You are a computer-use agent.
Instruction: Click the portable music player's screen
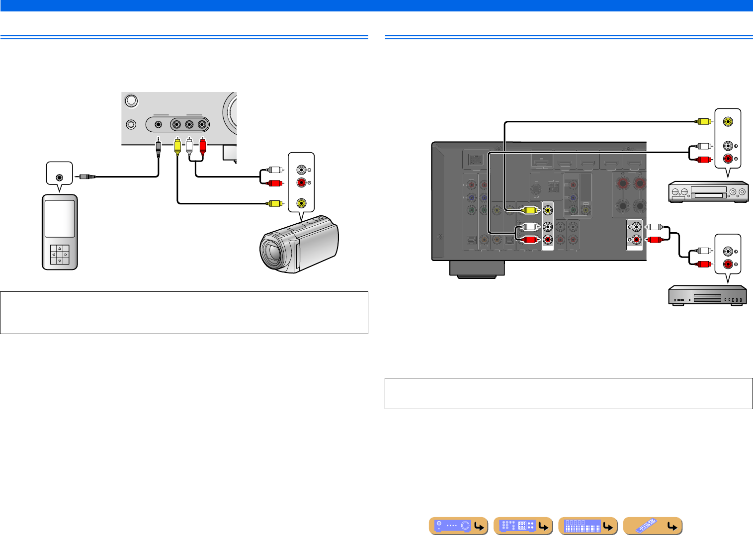pos(59,219)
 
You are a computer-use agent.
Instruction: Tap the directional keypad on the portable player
pos(59,254)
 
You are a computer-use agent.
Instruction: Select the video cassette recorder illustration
pos(708,191)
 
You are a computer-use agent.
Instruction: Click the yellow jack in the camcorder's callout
pos(301,203)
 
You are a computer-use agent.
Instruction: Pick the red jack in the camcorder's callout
pos(301,183)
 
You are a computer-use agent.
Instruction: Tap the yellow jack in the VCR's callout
pos(728,121)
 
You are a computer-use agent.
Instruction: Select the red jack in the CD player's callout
pos(728,264)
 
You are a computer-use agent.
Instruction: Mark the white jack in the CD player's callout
pos(728,251)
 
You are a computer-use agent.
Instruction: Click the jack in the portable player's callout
pos(60,177)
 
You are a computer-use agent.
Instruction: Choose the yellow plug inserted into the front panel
pos(177,146)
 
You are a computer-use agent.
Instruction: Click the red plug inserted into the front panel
pos(202,146)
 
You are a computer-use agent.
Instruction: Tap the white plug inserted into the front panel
pos(189,146)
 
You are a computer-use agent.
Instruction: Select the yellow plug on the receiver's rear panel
pos(529,210)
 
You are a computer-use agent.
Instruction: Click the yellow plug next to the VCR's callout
pos(703,121)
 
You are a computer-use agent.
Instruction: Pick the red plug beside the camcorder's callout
pos(275,183)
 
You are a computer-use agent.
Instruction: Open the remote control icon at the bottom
pos(653,526)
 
